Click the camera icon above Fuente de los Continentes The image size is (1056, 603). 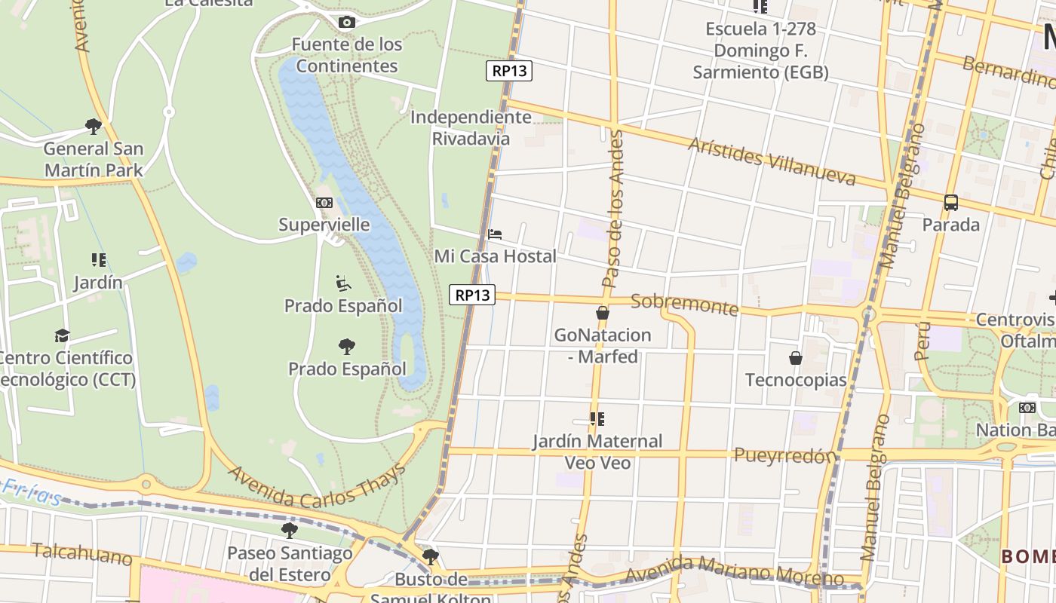coord(346,22)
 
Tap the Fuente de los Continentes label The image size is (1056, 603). coord(347,55)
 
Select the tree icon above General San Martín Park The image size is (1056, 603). coord(94,126)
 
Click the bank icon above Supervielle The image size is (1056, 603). coord(324,203)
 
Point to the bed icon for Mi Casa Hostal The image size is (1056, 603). coord(495,234)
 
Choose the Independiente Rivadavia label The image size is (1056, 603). coord(471,128)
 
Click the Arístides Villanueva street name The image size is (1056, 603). coord(772,161)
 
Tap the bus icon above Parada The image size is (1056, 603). coord(951,203)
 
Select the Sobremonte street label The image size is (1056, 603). coord(684,304)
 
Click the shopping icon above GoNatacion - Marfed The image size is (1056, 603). coord(602,313)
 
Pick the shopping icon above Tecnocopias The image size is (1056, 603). coord(796,357)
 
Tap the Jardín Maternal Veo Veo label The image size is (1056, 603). coord(597,451)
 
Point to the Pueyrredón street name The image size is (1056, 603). coord(785,455)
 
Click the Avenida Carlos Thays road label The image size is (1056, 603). coord(317,485)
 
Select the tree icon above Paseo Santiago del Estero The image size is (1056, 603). coord(290,530)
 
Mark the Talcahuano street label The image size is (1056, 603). coord(82,554)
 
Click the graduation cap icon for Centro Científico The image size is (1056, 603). coord(62,335)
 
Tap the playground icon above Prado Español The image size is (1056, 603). coord(343,283)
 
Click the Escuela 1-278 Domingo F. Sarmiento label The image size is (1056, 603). coord(760,51)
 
